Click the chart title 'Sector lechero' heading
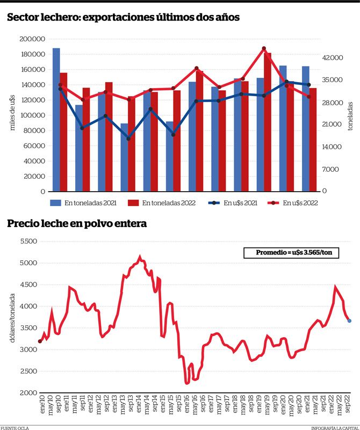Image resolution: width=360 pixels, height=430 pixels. coord(123,17)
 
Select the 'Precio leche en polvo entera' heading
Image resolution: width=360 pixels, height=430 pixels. coord(77,223)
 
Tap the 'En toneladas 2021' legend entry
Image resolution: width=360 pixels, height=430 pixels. coord(83,203)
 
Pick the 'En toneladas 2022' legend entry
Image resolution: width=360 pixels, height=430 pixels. coord(162,203)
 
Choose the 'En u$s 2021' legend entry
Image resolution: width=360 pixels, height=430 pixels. coord(234,203)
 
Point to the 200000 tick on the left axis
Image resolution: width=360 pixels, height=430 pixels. coord(32,39)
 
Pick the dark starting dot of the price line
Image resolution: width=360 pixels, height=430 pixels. coord(40,341)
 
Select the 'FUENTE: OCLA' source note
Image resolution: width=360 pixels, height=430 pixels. coord(15,428)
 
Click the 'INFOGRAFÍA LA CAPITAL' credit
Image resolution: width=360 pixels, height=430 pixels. coord(335,428)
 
